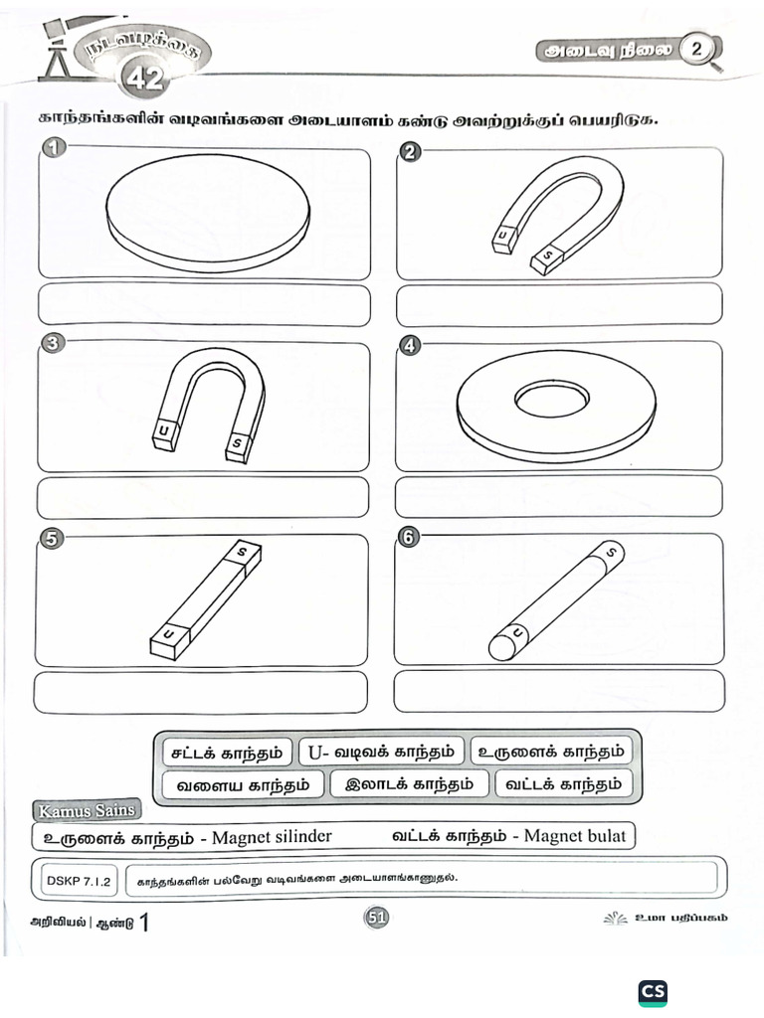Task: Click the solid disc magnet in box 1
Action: pyautogui.click(x=207, y=213)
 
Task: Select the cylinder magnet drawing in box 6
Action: pyautogui.click(x=556, y=600)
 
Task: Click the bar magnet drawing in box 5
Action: pyautogui.click(x=205, y=600)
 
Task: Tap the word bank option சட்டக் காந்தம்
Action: pyautogui.click(x=226, y=752)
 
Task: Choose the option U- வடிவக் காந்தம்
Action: pyautogui.click(x=381, y=752)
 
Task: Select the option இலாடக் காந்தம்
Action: pyautogui.click(x=409, y=784)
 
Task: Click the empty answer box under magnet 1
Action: pyautogui.click(x=204, y=304)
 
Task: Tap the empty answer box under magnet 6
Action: pyautogui.click(x=558, y=691)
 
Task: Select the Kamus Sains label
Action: pyautogui.click(x=86, y=810)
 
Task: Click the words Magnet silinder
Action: pyautogui.click(x=272, y=836)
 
